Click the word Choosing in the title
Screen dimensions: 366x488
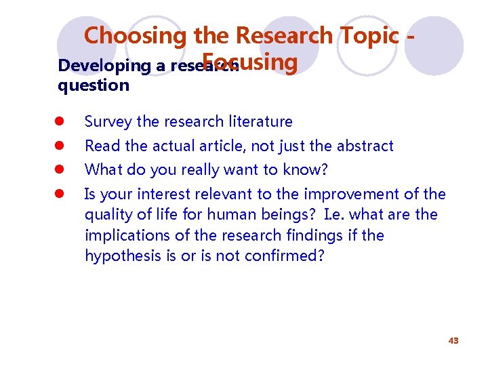click(x=125, y=35)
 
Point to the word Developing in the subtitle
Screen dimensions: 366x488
click(x=96, y=66)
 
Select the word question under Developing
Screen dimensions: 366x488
click(x=94, y=85)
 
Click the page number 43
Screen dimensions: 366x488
click(x=453, y=340)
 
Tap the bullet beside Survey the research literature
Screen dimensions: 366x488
click(x=60, y=122)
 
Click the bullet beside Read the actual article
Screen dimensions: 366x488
click(x=60, y=146)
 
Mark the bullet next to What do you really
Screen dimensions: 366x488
click(x=60, y=169)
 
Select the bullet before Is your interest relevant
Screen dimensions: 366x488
click(x=60, y=194)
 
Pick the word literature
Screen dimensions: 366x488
click(x=261, y=122)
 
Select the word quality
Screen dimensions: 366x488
click(x=108, y=215)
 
